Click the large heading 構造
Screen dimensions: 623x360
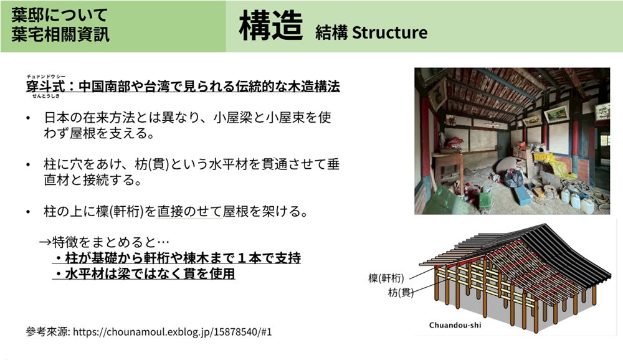(x=271, y=26)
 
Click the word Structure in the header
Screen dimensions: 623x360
(x=389, y=32)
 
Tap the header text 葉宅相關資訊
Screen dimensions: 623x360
(x=60, y=35)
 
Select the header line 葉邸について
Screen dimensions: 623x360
(x=59, y=16)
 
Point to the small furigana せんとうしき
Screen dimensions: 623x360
(x=45, y=96)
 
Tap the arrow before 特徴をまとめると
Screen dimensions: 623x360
(x=45, y=242)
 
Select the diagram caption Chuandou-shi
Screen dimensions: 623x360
(x=455, y=325)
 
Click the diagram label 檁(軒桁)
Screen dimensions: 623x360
(x=386, y=278)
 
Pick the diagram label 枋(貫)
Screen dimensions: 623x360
(x=401, y=293)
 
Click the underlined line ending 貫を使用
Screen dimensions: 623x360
(x=144, y=274)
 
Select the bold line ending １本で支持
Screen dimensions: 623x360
(x=177, y=258)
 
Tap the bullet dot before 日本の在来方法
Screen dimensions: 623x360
(x=28, y=118)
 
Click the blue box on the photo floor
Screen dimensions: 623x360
(x=521, y=195)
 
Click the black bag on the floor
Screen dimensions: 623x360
(x=514, y=178)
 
